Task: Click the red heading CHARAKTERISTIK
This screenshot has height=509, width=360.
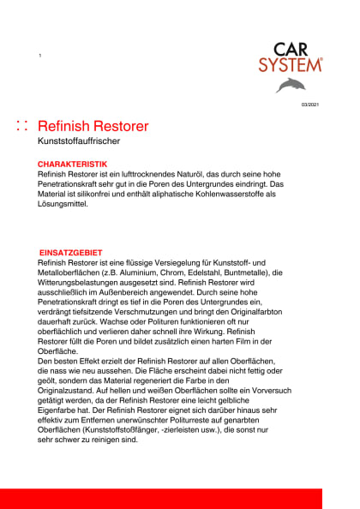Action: (72, 163)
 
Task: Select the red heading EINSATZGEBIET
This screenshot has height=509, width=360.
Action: (71, 252)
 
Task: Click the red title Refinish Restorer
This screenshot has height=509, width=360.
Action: (93, 126)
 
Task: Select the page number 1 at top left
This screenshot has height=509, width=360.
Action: (39, 56)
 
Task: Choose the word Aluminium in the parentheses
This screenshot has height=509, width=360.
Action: (128, 272)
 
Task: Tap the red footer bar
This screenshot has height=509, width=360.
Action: (180, 498)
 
